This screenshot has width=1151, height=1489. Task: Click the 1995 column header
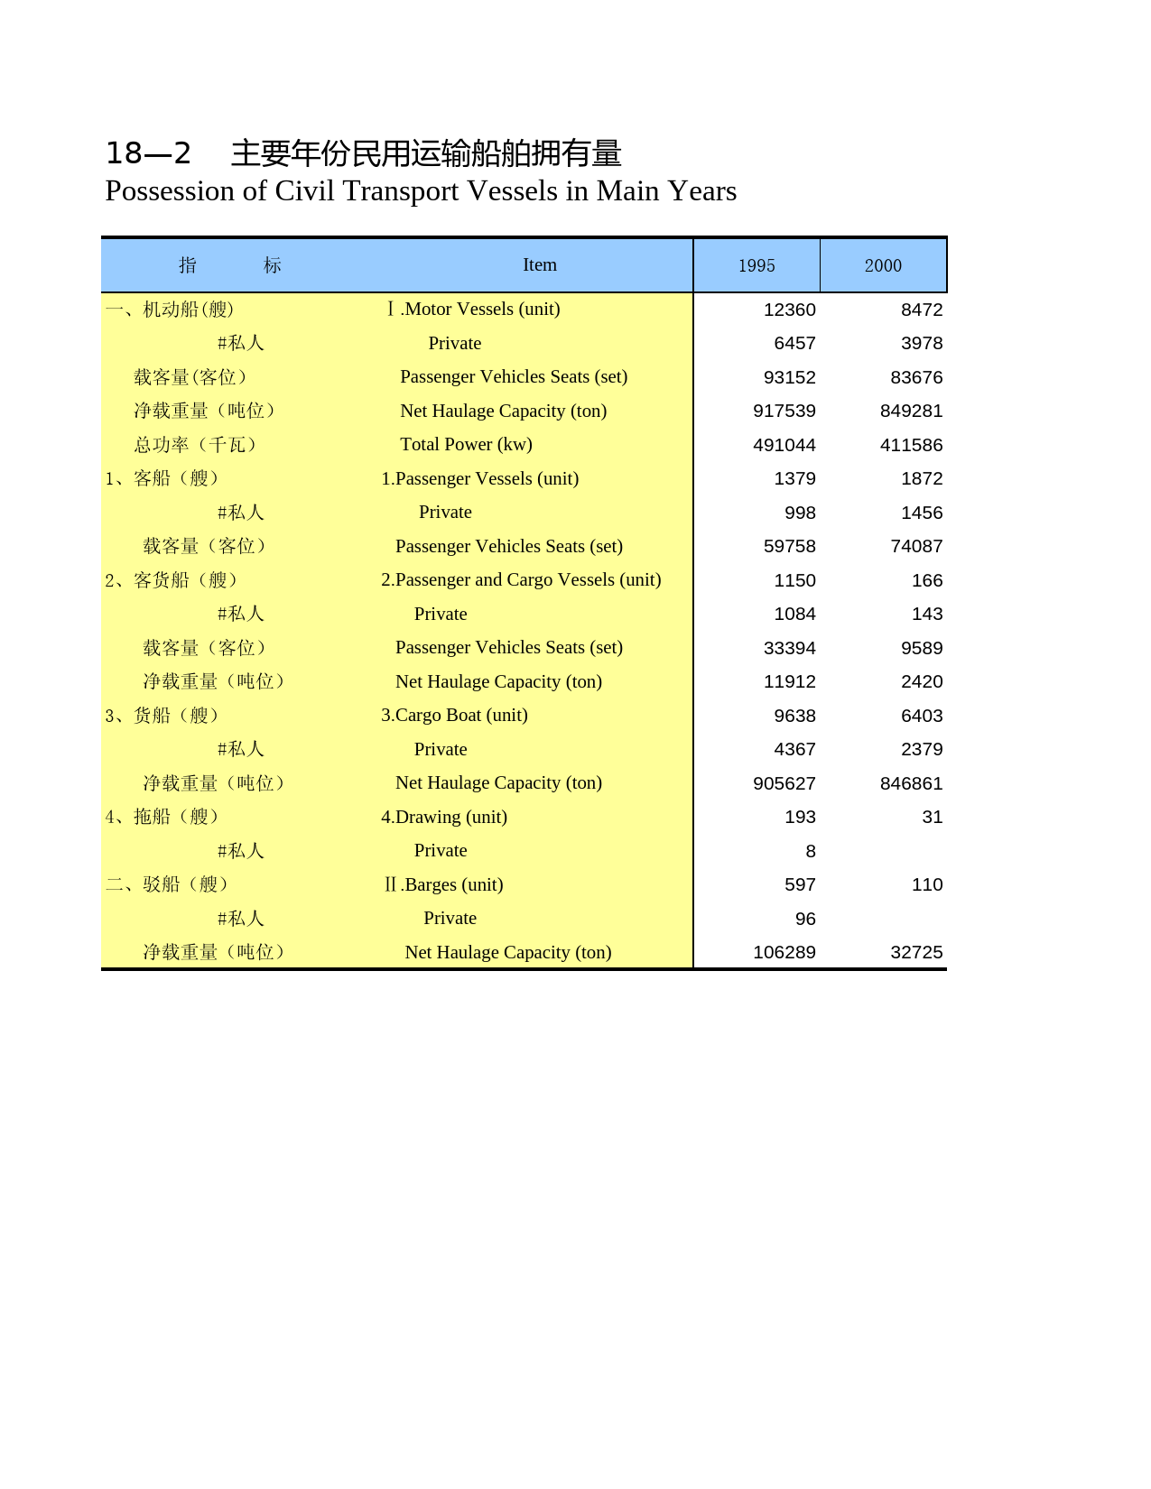pos(757,265)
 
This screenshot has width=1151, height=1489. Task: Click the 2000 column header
pos(883,265)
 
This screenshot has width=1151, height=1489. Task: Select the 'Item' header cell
pos(540,264)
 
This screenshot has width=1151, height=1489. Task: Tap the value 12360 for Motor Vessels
pos(789,310)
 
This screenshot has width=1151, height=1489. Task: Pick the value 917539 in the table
pos(784,411)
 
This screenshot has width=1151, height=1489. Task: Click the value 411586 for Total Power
pos(911,445)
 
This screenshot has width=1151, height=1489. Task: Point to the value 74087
pos(916,546)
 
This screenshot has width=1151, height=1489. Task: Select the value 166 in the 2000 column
pos(927,580)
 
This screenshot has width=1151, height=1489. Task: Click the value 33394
pos(789,648)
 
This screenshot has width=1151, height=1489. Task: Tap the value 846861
pos(911,783)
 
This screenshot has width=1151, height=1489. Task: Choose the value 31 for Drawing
pos(933,817)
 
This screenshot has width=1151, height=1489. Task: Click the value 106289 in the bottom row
pos(784,952)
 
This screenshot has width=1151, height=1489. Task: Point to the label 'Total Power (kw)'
pos(466,444)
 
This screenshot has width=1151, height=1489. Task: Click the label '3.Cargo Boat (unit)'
pos(454,715)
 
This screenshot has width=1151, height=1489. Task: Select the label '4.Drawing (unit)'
pos(443,817)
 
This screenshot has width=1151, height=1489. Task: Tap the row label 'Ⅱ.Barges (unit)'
pos(443,884)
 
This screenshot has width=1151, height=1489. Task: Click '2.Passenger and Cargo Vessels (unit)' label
pos(521,579)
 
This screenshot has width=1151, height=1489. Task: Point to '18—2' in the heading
pos(148,153)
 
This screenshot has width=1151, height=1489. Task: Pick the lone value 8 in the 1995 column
pos(811,851)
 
